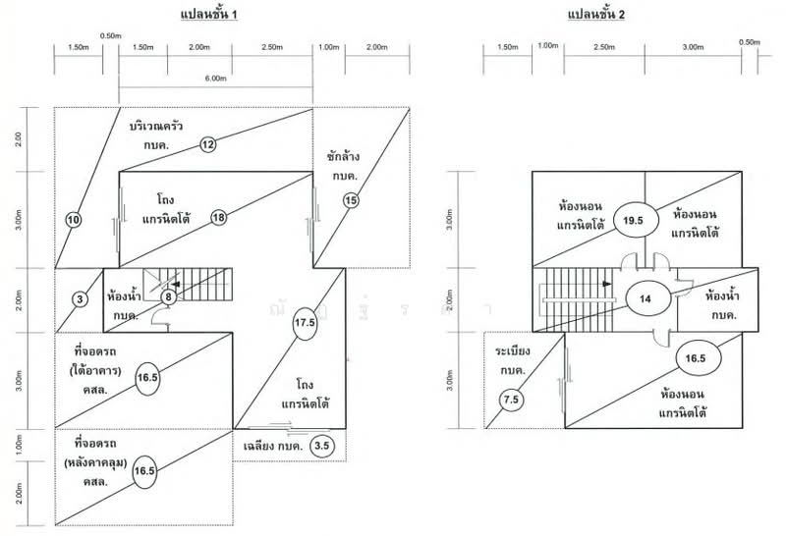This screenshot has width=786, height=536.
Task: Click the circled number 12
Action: [208, 144]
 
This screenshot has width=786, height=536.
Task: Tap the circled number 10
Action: [73, 220]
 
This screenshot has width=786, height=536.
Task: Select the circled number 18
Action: [218, 217]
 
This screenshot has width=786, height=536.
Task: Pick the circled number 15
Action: [351, 200]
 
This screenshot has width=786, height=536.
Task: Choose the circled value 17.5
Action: [305, 321]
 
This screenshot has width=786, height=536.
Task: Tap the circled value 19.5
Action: [633, 221]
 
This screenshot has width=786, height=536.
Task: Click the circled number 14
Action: [646, 297]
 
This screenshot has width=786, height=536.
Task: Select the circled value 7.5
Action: [510, 400]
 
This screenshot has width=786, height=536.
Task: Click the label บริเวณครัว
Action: [161, 129]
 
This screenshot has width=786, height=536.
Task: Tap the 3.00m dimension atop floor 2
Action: [693, 46]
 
